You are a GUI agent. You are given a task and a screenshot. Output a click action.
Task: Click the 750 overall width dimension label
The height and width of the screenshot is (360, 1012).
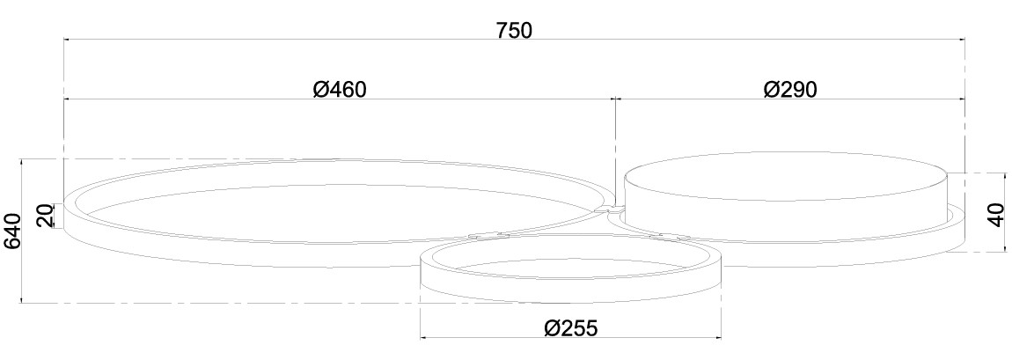514,30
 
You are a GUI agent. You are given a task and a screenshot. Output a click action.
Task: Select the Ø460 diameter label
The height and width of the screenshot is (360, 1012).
340,89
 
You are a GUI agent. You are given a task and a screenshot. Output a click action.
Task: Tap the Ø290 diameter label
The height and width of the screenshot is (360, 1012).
790,89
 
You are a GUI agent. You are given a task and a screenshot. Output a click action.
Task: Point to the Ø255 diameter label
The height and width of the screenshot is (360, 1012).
571,327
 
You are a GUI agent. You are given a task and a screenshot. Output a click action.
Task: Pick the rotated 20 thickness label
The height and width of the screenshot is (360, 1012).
45,217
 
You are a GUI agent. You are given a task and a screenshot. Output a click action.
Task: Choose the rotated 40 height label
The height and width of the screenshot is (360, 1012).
996,214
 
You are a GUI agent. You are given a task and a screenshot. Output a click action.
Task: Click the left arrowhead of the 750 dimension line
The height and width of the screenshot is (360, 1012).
67,40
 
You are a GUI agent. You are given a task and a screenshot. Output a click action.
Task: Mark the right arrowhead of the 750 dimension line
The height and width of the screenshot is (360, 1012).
960,40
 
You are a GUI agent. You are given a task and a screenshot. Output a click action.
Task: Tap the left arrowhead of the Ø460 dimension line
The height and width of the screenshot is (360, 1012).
67,99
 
